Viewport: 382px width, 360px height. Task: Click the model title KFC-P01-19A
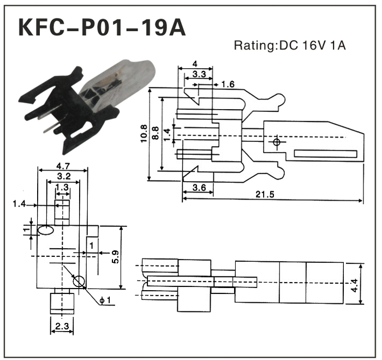pyautogui.click(x=102, y=28)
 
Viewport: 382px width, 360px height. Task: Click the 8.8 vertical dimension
pyautogui.click(x=157, y=134)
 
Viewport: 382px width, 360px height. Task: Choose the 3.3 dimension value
pyautogui.click(x=199, y=74)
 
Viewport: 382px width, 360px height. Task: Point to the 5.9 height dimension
pyautogui.click(x=115, y=257)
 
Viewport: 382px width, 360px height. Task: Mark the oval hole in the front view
pyautogui.click(x=46, y=231)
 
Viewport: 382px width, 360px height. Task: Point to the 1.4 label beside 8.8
pyautogui.click(x=168, y=131)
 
